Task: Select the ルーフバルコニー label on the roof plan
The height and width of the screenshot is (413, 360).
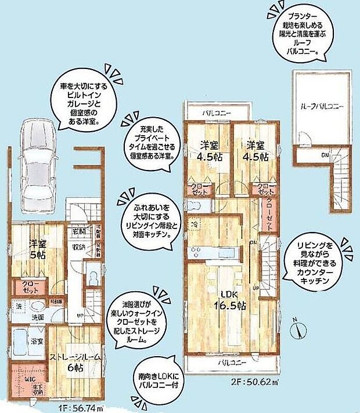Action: [322, 107]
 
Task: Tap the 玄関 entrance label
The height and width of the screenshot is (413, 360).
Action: [78, 231]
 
